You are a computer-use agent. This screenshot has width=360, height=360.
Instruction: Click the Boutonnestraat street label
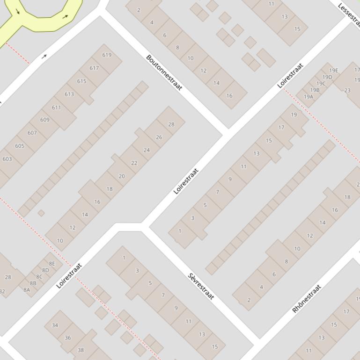[x=164, y=72]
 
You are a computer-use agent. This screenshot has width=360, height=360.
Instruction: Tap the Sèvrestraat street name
[x=201, y=286]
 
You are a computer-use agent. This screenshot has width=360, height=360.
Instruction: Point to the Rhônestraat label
[x=307, y=298]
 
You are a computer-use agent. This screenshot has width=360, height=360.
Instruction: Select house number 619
[x=107, y=55]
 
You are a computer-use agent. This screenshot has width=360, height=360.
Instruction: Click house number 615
[x=82, y=81]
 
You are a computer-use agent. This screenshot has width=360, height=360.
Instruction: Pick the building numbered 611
[x=57, y=107]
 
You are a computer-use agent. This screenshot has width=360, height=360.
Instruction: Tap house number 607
[x=32, y=133]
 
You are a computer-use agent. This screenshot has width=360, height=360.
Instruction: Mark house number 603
[x=7, y=159]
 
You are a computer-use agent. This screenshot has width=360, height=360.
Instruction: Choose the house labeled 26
[x=159, y=137]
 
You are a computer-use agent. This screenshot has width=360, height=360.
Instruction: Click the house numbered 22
[x=134, y=163]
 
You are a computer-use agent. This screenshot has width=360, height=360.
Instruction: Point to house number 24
[x=147, y=150]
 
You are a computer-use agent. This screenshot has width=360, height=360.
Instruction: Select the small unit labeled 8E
[x=52, y=263]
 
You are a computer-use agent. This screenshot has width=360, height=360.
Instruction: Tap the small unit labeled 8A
[x=27, y=289]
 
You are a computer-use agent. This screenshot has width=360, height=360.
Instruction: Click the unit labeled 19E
[x=333, y=71]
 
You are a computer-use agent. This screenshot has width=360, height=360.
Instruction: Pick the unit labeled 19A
[x=309, y=97]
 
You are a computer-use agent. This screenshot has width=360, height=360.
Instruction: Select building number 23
[x=347, y=90]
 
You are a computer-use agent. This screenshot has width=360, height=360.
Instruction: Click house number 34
[x=55, y=325]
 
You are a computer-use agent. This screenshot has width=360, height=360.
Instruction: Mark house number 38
[x=81, y=350]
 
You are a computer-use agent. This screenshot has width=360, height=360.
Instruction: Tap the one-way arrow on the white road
[x=44, y=57]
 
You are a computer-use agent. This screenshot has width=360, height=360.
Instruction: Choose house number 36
[x=68, y=338]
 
